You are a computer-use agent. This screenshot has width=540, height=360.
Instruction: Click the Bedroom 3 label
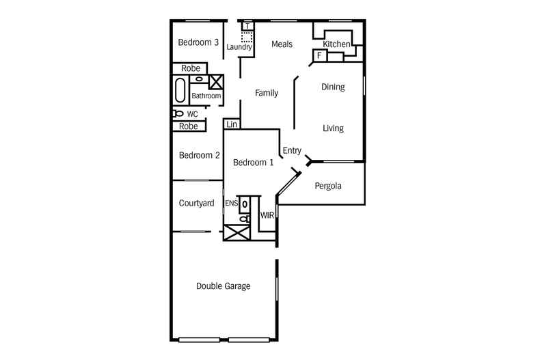click(198, 42)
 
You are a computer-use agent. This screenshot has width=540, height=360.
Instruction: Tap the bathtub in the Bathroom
click(180, 90)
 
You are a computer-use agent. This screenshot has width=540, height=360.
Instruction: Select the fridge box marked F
click(320, 55)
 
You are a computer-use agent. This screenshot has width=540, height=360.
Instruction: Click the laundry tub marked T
click(247, 26)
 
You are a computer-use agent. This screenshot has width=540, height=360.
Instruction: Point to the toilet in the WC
click(178, 113)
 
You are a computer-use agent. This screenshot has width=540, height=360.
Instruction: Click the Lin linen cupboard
click(232, 124)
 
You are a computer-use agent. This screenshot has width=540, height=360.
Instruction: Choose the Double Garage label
click(223, 286)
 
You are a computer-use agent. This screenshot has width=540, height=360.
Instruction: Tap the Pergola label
click(328, 186)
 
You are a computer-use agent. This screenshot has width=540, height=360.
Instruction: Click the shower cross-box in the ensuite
click(237, 232)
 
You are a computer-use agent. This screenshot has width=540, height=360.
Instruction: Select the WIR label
click(267, 215)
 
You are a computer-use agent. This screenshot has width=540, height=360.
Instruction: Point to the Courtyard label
click(196, 203)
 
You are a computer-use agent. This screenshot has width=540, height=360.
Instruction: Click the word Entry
click(292, 151)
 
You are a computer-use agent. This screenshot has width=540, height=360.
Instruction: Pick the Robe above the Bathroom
click(191, 68)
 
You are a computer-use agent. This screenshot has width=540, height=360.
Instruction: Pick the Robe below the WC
click(189, 126)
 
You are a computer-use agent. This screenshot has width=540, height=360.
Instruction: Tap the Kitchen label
click(336, 44)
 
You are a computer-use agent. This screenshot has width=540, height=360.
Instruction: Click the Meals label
click(282, 44)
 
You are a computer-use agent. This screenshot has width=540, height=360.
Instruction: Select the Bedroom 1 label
click(253, 163)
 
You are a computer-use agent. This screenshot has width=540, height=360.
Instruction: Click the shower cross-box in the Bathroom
click(216, 82)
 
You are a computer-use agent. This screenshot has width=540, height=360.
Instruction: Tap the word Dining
click(333, 87)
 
